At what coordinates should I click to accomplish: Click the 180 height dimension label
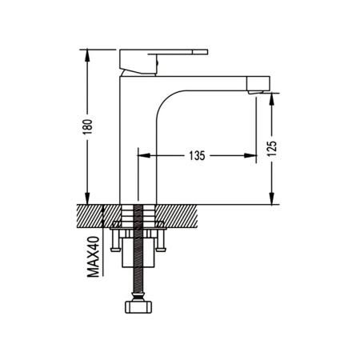click(x=88, y=126)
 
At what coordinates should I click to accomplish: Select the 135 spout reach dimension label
click(x=197, y=156)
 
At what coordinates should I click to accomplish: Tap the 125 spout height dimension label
click(x=273, y=148)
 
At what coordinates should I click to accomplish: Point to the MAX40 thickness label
click(x=93, y=257)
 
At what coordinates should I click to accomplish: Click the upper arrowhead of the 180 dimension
click(x=87, y=56)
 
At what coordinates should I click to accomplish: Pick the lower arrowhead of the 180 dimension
click(x=87, y=198)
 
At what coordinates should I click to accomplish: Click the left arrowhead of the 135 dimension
click(x=144, y=155)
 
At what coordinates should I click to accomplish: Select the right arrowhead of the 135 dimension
click(x=250, y=155)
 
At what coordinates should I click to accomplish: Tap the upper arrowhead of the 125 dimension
click(x=271, y=99)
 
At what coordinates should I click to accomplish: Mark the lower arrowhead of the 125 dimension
click(x=271, y=198)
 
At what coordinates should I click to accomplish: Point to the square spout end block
click(x=258, y=83)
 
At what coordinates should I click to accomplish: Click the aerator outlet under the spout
click(x=256, y=92)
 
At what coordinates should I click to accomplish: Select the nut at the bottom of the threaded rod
click(x=138, y=307)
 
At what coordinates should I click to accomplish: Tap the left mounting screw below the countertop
click(x=115, y=241)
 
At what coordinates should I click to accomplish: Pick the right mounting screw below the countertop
click(x=161, y=241)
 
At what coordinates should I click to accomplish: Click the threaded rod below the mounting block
click(x=138, y=279)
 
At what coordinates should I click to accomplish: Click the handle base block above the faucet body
click(x=138, y=62)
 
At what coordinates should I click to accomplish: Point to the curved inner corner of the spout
click(x=165, y=99)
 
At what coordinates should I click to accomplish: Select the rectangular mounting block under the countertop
click(x=138, y=252)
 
